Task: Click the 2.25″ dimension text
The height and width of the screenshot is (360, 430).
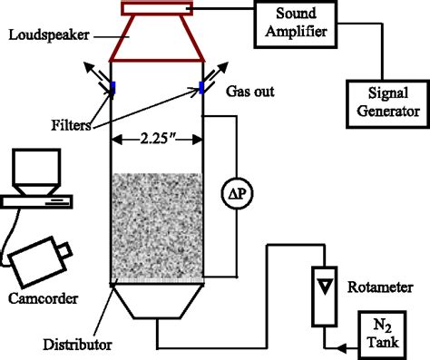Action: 155,140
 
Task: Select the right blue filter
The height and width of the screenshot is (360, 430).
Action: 201,87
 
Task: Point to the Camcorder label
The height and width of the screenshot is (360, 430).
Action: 40,297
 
